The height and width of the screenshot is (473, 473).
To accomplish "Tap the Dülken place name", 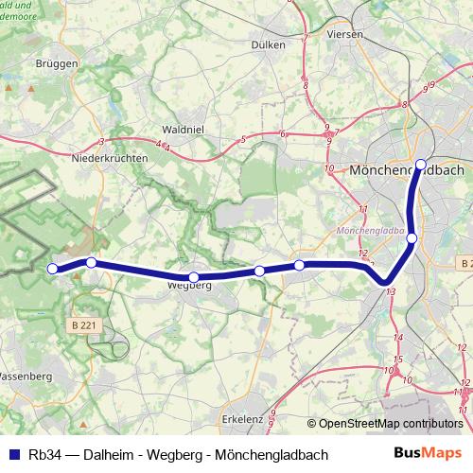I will (269, 44).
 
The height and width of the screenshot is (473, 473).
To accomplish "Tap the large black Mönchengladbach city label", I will (406, 171).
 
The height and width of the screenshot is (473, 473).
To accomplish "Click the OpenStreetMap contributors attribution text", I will (390, 423).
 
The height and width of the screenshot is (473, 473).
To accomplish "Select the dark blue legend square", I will (13, 455).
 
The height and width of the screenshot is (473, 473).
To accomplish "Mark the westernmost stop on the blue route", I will (53, 242).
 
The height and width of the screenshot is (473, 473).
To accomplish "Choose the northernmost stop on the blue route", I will (421, 164).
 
